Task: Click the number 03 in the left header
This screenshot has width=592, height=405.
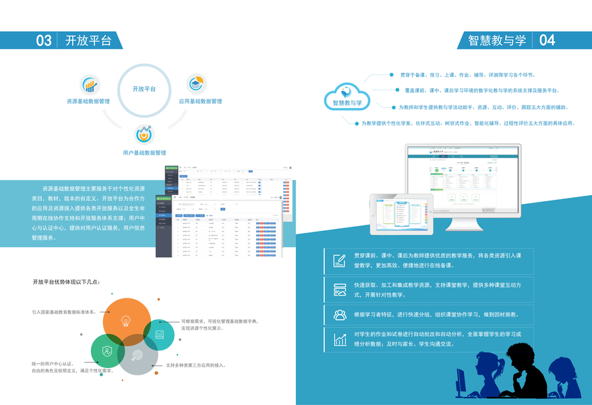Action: coord(44,40)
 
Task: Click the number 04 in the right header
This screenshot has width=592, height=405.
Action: coord(547,40)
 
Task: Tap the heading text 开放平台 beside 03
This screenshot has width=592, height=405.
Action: coord(88,40)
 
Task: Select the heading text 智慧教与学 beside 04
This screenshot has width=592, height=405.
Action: coord(497,40)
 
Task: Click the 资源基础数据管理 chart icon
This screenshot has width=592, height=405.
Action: coord(90,84)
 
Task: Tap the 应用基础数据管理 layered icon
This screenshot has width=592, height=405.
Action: coord(196,84)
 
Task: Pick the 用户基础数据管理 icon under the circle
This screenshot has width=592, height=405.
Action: coord(144,135)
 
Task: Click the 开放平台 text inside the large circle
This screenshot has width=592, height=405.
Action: coord(144,89)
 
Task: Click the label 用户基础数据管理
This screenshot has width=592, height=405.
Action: coord(144,153)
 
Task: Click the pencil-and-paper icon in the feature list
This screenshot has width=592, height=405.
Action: coord(339,261)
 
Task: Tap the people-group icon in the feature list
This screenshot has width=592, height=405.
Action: coord(339,315)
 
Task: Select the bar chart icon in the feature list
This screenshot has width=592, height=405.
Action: coord(339,339)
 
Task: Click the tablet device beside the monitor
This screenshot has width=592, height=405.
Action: coord(401,213)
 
